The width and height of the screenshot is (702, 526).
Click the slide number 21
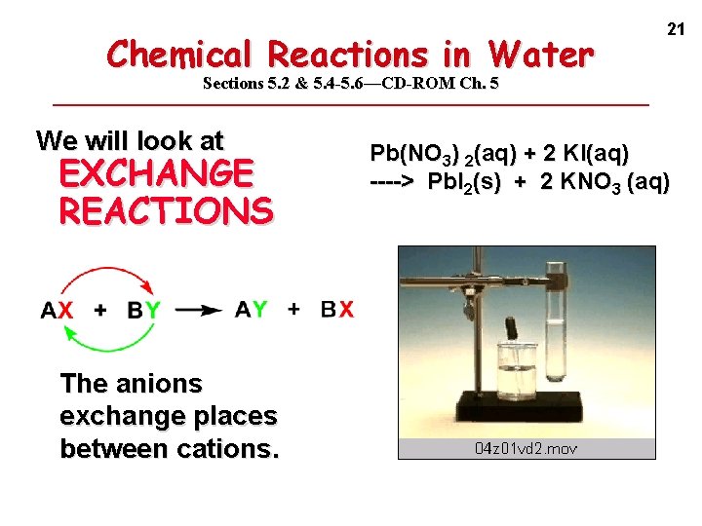(x=674, y=30)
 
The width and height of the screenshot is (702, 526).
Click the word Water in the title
(x=541, y=54)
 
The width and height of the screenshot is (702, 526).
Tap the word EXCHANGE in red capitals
(x=156, y=173)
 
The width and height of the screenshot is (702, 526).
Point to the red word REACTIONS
(x=166, y=210)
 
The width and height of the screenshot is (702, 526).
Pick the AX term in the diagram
(x=57, y=311)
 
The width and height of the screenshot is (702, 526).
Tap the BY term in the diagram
(x=144, y=311)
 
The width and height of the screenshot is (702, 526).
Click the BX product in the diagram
(x=337, y=310)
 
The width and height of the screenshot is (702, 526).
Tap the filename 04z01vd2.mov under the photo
(x=526, y=448)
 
